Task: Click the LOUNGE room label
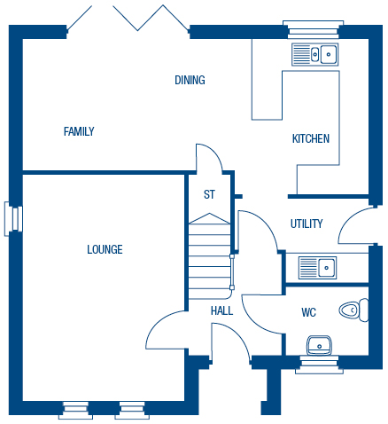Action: click(105, 249)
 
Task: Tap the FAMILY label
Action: click(79, 131)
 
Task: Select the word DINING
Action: click(190, 80)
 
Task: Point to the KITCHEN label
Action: click(311, 138)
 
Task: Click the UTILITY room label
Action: click(307, 224)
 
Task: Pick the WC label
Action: click(308, 312)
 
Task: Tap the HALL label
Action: click(221, 310)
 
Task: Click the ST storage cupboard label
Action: click(209, 194)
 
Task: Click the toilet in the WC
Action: click(353, 310)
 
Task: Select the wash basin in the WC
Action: click(319, 345)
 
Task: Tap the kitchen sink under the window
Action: click(315, 54)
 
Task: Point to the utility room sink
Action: click(317, 268)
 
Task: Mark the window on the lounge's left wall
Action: click(13, 219)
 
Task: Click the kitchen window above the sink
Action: click(313, 29)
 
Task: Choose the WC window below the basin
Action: click(319, 365)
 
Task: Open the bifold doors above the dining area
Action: click(128, 19)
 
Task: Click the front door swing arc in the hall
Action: click(231, 340)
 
